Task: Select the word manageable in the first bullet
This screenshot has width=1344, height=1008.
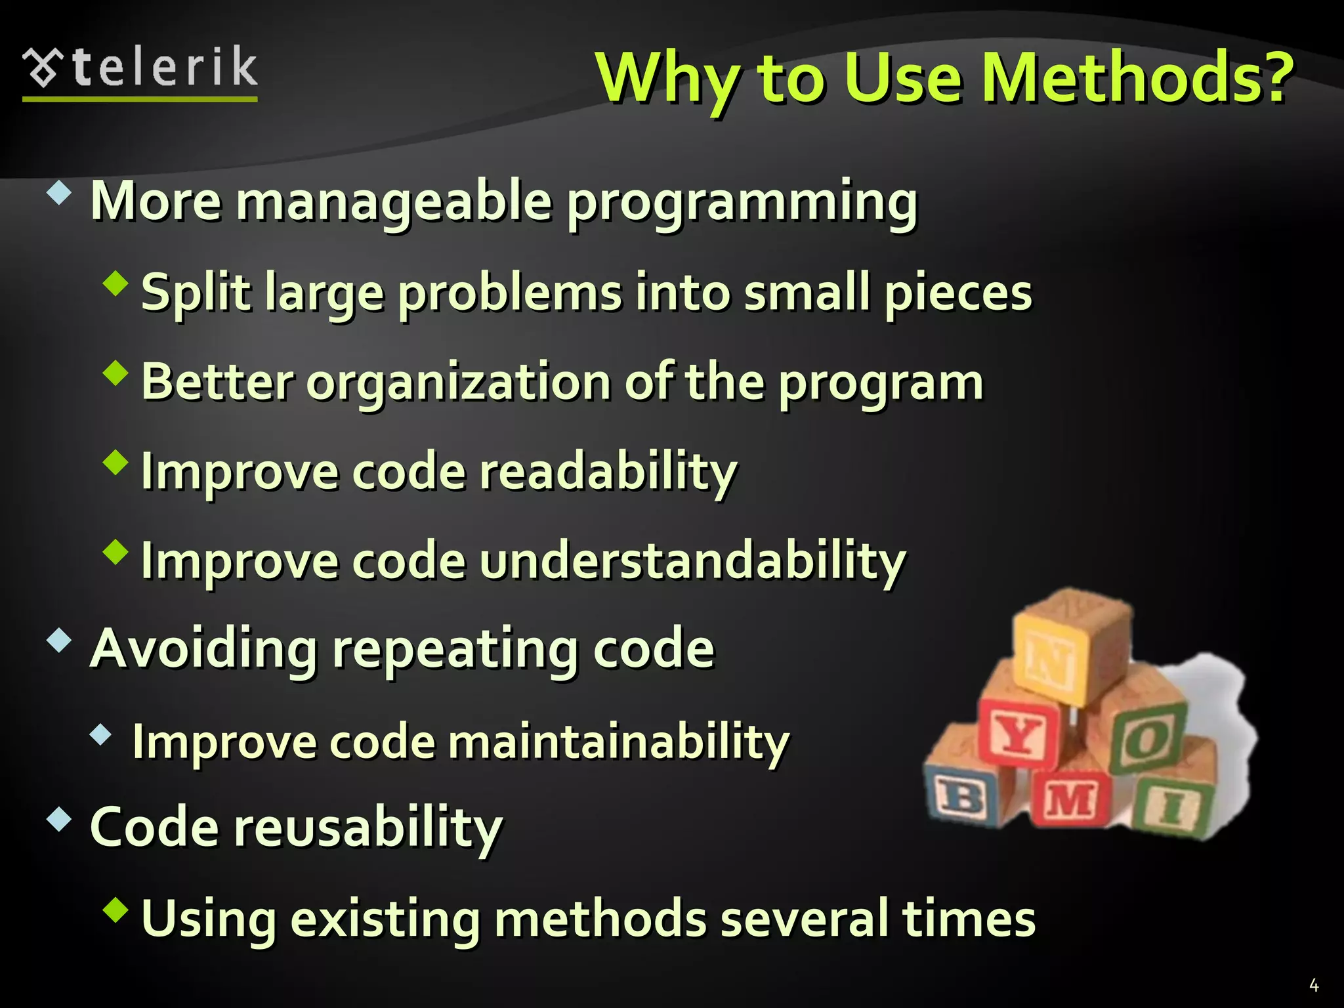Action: point(393,202)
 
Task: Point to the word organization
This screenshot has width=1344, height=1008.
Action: point(459,382)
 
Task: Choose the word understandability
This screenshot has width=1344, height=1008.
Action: point(692,561)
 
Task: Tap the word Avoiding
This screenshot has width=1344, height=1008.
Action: point(203,648)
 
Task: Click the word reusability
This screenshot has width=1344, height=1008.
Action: point(368,827)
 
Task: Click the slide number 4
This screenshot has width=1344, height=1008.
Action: point(1314,985)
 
